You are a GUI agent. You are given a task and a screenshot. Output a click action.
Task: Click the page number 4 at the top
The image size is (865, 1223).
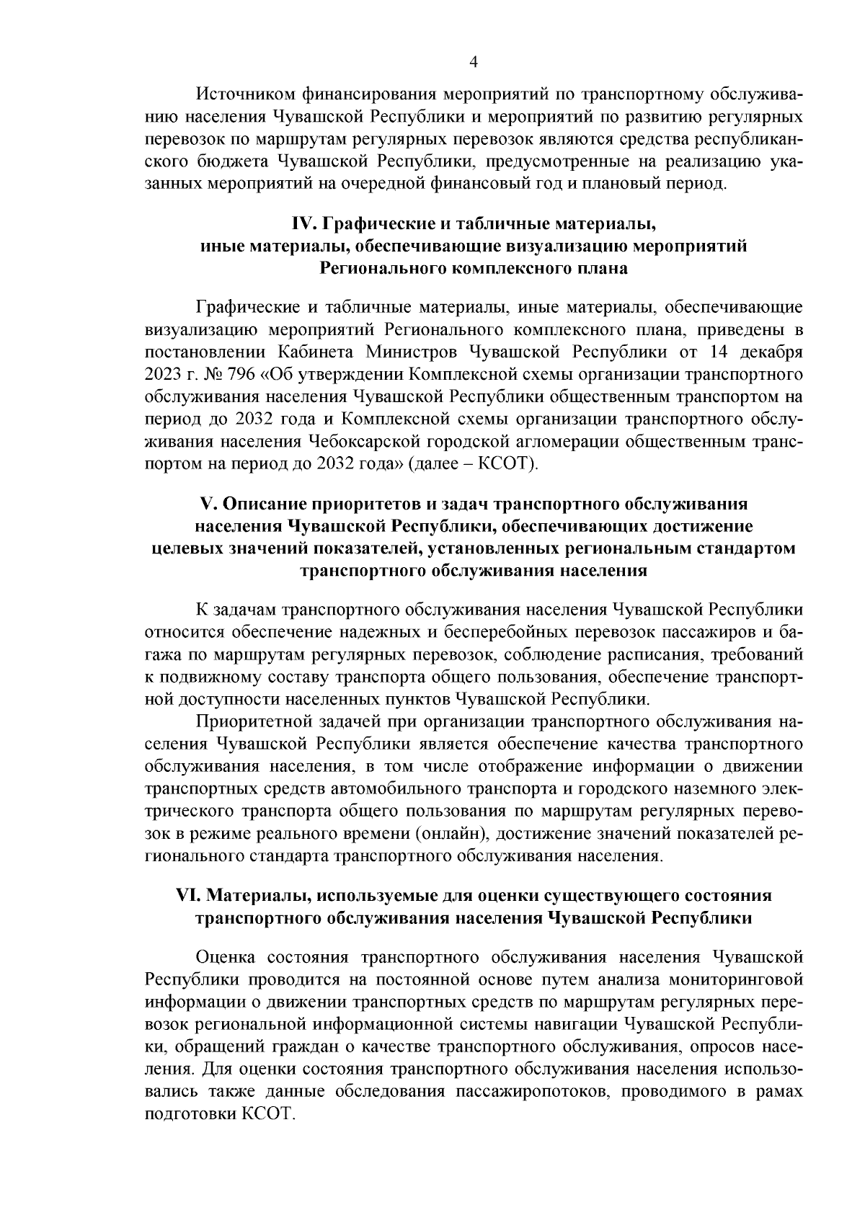474,62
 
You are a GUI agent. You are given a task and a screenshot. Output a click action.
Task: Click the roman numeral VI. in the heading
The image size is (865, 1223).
190,895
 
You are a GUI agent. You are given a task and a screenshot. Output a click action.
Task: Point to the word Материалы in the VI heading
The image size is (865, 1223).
255,895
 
